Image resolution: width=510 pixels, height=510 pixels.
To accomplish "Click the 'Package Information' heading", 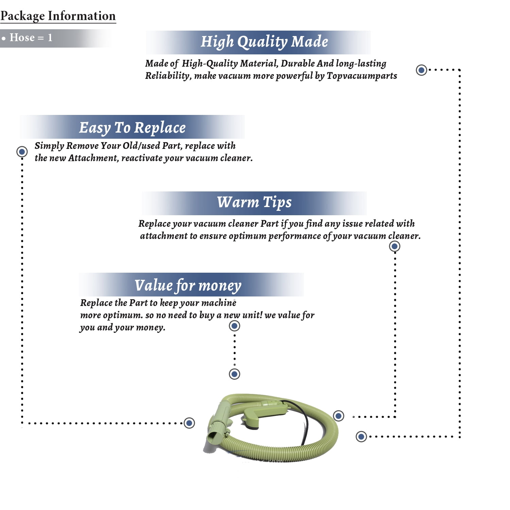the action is tap(58, 16).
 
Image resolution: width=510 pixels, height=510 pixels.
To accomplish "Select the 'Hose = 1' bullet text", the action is tap(31, 37).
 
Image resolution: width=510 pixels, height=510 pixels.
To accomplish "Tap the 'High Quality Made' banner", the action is tap(258, 42).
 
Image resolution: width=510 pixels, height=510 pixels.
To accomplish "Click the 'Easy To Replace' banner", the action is tap(132, 127).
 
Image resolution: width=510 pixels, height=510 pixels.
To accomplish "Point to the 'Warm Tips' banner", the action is tap(254, 203).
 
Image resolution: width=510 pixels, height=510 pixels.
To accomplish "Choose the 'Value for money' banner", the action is tap(191, 285).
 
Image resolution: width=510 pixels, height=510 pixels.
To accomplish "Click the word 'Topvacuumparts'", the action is tap(362, 76).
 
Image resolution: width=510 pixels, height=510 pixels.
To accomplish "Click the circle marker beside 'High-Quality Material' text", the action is tap(422, 70).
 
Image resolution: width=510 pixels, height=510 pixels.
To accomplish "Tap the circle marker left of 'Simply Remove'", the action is tap(22, 151).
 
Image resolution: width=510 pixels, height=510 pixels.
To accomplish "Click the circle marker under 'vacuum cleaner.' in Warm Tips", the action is tap(394, 246).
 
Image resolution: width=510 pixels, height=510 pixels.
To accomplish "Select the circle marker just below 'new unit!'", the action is tap(234, 326).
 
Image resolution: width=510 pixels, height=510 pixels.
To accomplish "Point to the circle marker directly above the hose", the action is tap(234, 374).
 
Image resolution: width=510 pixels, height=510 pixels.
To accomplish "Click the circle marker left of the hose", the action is tap(189, 423).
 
